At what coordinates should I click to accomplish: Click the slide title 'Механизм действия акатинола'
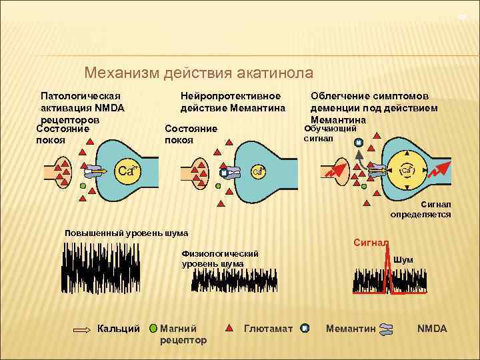[199, 73]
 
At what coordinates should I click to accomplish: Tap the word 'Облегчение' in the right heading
[341, 96]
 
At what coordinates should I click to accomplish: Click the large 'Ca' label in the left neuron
[127, 171]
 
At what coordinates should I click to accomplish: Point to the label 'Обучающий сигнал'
[331, 133]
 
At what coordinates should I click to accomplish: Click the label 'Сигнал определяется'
[421, 209]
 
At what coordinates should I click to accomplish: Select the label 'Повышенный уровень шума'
[126, 233]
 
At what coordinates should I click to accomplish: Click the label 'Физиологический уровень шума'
[219, 259]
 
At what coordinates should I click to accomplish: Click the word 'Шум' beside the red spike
[403, 259]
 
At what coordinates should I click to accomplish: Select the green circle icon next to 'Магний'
[153, 328]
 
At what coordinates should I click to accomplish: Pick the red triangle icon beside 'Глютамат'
[228, 328]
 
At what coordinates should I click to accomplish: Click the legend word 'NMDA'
[431, 328]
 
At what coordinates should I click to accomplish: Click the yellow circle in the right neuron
[405, 171]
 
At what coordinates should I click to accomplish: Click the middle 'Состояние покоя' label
[191, 134]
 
